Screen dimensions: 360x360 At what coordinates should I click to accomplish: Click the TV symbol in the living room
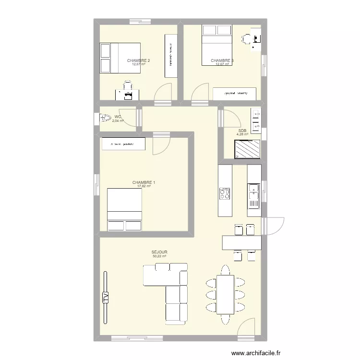pos(105,297)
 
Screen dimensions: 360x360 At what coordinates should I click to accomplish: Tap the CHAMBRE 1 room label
pos(144,182)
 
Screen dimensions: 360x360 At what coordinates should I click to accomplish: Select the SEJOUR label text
pos(159,252)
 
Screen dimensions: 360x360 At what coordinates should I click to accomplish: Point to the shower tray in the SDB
pos(248,149)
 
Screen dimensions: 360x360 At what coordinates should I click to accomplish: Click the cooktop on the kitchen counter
pos(225,194)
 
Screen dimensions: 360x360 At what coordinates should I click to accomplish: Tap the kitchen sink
pos(253,194)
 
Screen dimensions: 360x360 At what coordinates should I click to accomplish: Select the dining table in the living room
pos(225,294)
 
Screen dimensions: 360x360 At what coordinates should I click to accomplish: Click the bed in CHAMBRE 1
pos(125,210)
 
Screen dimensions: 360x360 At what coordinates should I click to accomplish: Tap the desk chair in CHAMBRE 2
pos(128,86)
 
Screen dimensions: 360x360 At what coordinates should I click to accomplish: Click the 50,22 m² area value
pos(159,256)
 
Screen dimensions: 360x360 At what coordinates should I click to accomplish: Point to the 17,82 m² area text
pos(144,186)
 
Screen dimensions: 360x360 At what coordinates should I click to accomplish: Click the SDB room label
pos(242,131)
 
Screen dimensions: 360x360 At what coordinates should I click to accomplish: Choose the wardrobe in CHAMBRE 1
pos(123,144)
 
